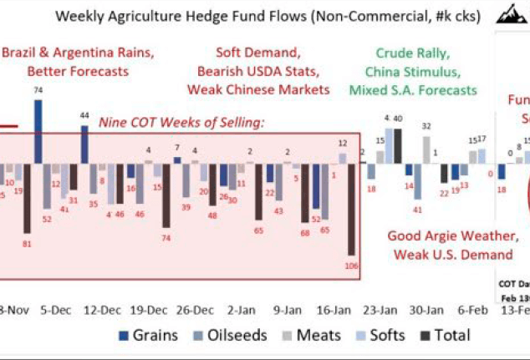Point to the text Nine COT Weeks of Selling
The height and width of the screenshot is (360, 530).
181,123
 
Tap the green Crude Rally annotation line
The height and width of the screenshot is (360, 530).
411,52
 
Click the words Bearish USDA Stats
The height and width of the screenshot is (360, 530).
259,70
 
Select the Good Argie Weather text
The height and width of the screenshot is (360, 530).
448,236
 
